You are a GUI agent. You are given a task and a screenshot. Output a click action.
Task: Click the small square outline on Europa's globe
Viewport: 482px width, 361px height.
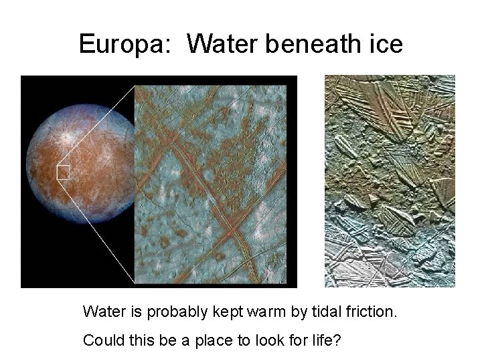click(x=63, y=172)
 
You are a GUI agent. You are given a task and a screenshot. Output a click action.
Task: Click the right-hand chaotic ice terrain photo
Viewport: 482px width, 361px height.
click(x=390, y=180)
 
